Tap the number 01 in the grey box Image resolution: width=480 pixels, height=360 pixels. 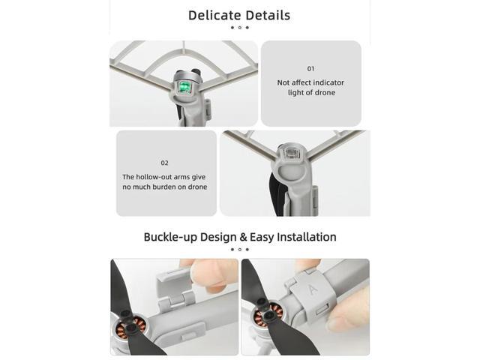pos(311,69)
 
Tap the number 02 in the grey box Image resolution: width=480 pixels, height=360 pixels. pos(165,163)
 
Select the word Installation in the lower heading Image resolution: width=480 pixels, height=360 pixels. pos(306,237)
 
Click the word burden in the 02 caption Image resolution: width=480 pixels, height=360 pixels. pos(160,187)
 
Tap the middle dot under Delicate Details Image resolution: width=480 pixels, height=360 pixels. pos(239,28)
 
